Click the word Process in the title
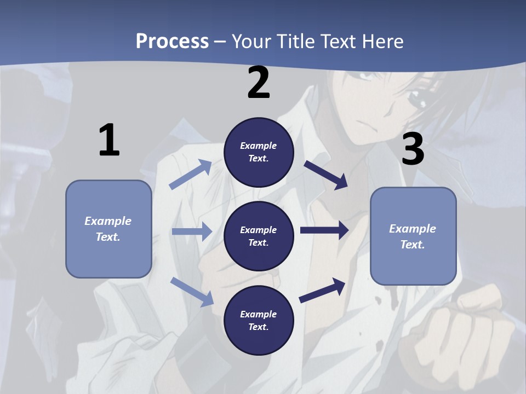tap(172, 41)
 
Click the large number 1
tap(109, 140)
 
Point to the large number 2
tap(259, 83)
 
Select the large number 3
tap(413, 149)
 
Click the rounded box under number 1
tap(108, 229)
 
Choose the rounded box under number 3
tap(413, 236)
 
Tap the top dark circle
tap(259, 152)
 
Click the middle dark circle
tap(259, 236)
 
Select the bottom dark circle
tap(259, 320)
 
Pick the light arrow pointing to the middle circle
tap(192, 231)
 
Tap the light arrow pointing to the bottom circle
tap(192, 292)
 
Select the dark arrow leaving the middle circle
tap(324, 230)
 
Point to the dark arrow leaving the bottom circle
tap(322, 290)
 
